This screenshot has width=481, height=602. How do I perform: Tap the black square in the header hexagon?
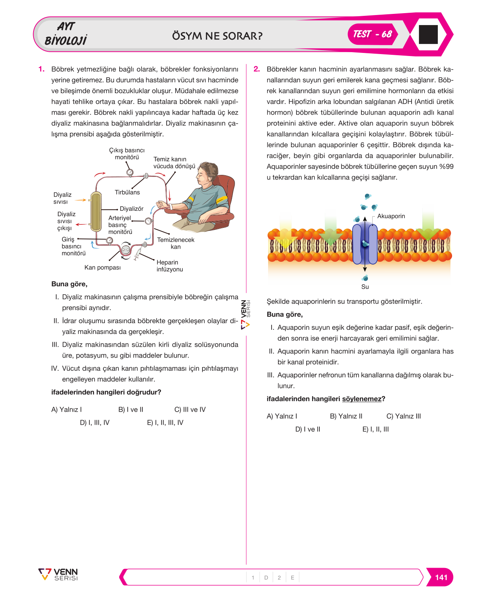tap(428, 34)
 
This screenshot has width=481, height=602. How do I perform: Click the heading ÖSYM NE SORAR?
tap(217, 36)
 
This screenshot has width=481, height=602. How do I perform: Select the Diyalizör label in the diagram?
tap(132, 209)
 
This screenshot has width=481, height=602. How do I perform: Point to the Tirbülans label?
tap(127, 192)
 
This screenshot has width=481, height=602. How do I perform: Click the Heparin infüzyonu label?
tap(170, 265)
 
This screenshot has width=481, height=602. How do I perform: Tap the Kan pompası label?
tap(103, 268)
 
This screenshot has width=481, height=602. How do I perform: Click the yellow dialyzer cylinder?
tap(96, 212)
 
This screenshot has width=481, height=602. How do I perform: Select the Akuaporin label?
tap(391, 216)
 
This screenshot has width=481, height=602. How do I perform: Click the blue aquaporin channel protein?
tap(365, 244)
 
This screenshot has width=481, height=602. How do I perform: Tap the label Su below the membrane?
tap(365, 287)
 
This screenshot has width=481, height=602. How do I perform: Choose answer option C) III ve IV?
tap(190, 409)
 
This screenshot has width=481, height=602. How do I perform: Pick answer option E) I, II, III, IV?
tap(165, 422)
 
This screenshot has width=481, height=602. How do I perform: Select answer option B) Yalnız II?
tap(346, 416)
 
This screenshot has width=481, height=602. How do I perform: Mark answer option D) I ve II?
tap(307, 429)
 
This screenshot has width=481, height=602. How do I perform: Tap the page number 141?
tap(441, 577)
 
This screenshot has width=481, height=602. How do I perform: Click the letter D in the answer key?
tap(266, 577)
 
